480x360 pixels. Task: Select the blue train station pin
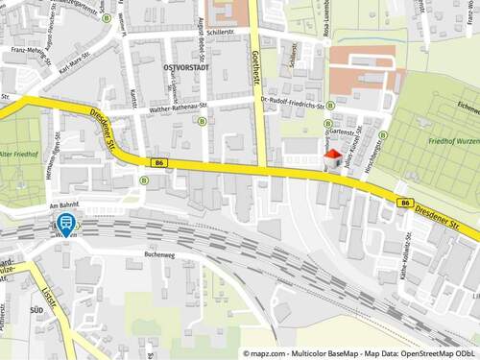pos(66,225)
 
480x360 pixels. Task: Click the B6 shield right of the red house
pos(407,203)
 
